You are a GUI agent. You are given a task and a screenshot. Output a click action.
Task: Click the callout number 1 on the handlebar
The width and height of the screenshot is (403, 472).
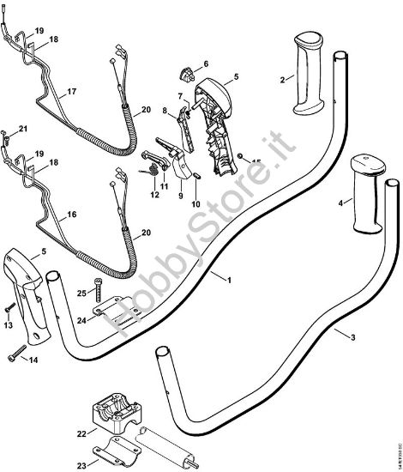(228, 279)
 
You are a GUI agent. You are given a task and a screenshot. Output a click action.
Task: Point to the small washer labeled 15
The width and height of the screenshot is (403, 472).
(244, 157)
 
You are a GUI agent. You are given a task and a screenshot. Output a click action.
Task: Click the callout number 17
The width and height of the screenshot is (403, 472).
(72, 92)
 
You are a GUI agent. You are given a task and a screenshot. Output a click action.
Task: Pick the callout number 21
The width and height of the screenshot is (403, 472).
(23, 129)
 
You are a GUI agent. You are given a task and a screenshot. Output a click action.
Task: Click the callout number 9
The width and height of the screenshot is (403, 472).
(181, 195)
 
